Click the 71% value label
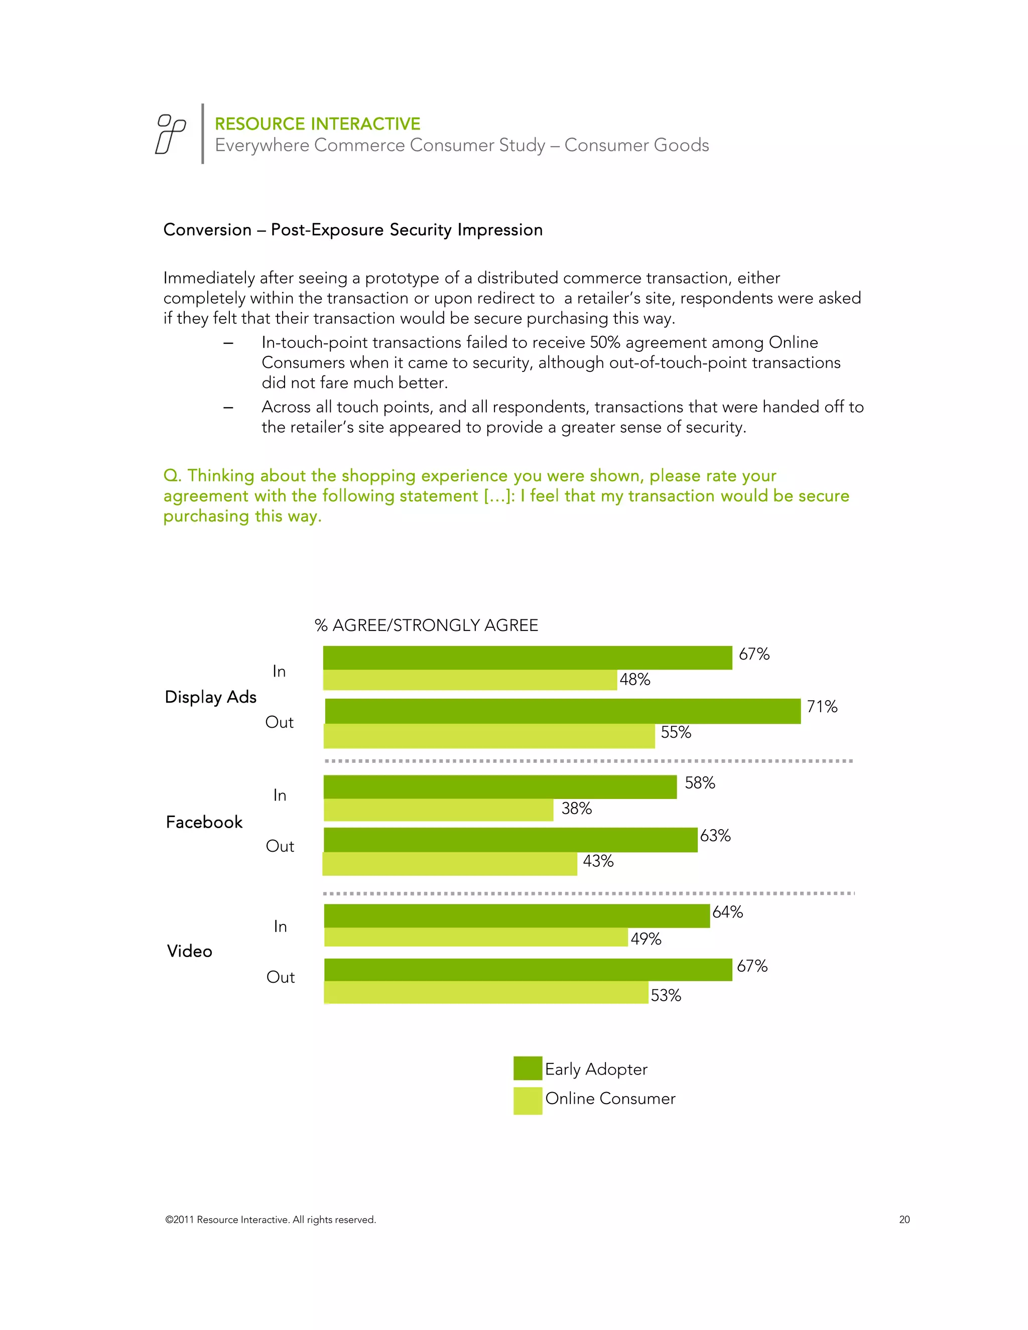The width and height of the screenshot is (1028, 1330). click(x=822, y=707)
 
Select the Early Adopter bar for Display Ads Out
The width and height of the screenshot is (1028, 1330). click(x=562, y=711)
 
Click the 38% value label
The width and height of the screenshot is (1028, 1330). click(x=576, y=809)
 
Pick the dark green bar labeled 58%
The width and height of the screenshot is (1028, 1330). click(x=500, y=787)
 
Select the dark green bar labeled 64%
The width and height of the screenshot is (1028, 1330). click(x=517, y=916)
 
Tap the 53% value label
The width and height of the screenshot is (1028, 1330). click(x=666, y=996)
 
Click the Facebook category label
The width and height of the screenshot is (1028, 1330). click(x=204, y=822)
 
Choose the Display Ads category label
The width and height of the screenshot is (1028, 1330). click(x=211, y=697)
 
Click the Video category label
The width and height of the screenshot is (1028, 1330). click(x=189, y=951)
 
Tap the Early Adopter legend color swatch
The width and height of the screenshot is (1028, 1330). click(x=528, y=1068)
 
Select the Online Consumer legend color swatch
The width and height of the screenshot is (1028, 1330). click(x=528, y=1101)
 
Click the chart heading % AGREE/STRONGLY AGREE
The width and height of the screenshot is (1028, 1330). click(x=426, y=625)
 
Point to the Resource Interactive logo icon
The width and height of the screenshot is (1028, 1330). click(x=171, y=134)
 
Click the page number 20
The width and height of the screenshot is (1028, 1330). click(x=905, y=1220)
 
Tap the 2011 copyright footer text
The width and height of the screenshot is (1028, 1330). click(x=271, y=1220)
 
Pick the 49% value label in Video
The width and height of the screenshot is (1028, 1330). click(x=646, y=939)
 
